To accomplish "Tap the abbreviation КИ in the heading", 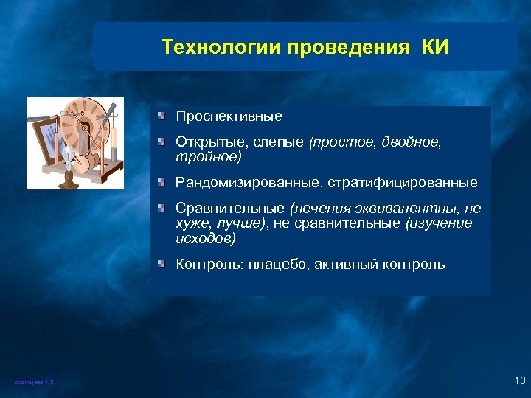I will pyautogui.click(x=434, y=48).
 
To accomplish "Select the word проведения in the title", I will pyautogui.click(x=350, y=48).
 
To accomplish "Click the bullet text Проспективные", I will pyautogui.click(x=229, y=116).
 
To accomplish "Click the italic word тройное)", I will pyautogui.click(x=208, y=157).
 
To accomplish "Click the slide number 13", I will pyautogui.click(x=518, y=380).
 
